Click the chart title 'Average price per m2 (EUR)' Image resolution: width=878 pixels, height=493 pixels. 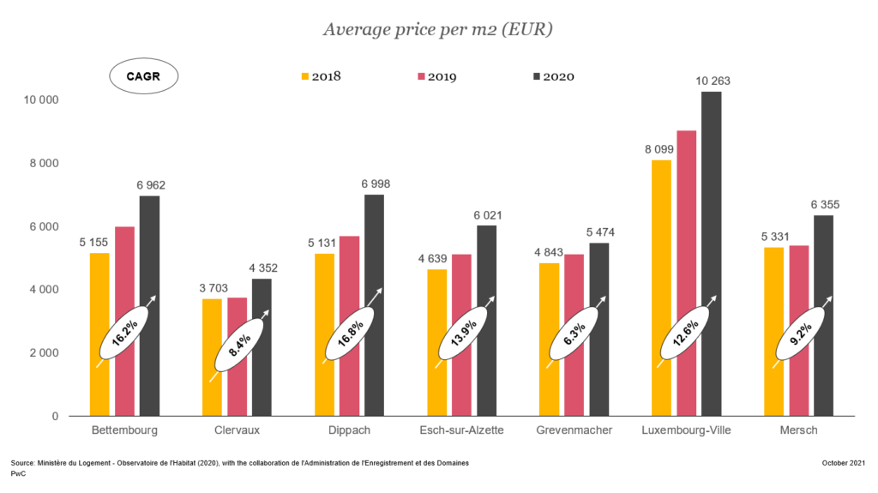click(437, 30)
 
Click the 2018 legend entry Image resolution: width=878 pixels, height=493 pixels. click(321, 76)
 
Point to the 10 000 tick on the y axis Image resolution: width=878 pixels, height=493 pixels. click(40, 99)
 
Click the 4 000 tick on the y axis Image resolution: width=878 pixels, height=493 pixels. click(40, 290)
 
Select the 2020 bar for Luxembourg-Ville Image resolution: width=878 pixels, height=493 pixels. click(711, 253)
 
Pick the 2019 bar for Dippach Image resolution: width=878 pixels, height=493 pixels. click(349, 326)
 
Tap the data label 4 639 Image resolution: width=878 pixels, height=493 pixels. click(436, 236)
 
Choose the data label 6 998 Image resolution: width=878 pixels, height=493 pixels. click(373, 185)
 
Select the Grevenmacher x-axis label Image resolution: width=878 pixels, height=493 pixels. click(574, 430)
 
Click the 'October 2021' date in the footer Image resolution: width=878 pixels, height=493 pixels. click(842, 463)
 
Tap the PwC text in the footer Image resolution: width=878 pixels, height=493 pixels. click(17, 473)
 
